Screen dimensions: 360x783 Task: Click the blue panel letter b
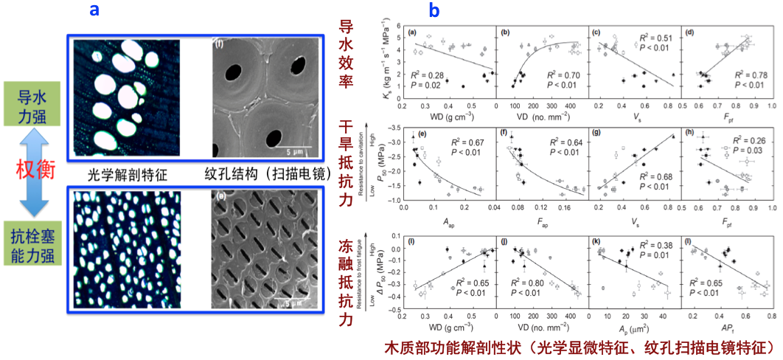434,11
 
